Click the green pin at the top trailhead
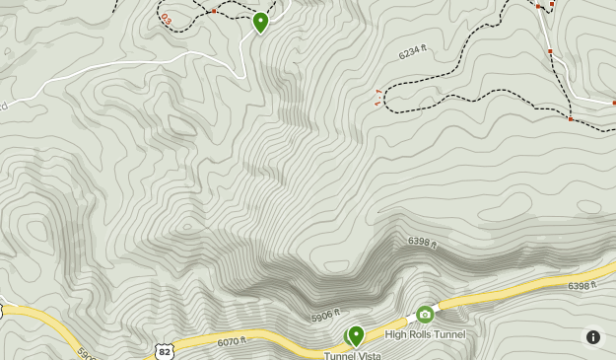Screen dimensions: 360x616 point(260,21)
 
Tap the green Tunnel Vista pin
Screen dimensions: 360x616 point(356,335)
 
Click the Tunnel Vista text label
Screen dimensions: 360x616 point(352,355)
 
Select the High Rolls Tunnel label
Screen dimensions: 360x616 point(425,334)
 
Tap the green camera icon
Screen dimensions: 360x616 point(425,315)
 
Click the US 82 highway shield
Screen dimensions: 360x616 point(164,351)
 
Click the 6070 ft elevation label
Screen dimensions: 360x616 point(231,342)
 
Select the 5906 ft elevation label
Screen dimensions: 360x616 point(325,318)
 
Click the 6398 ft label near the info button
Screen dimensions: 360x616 point(582,286)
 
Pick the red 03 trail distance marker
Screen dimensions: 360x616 point(165,18)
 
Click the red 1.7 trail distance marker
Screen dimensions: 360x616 point(379,96)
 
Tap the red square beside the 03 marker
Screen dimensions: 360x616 point(214,11)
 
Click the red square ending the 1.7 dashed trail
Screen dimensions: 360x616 point(571,119)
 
